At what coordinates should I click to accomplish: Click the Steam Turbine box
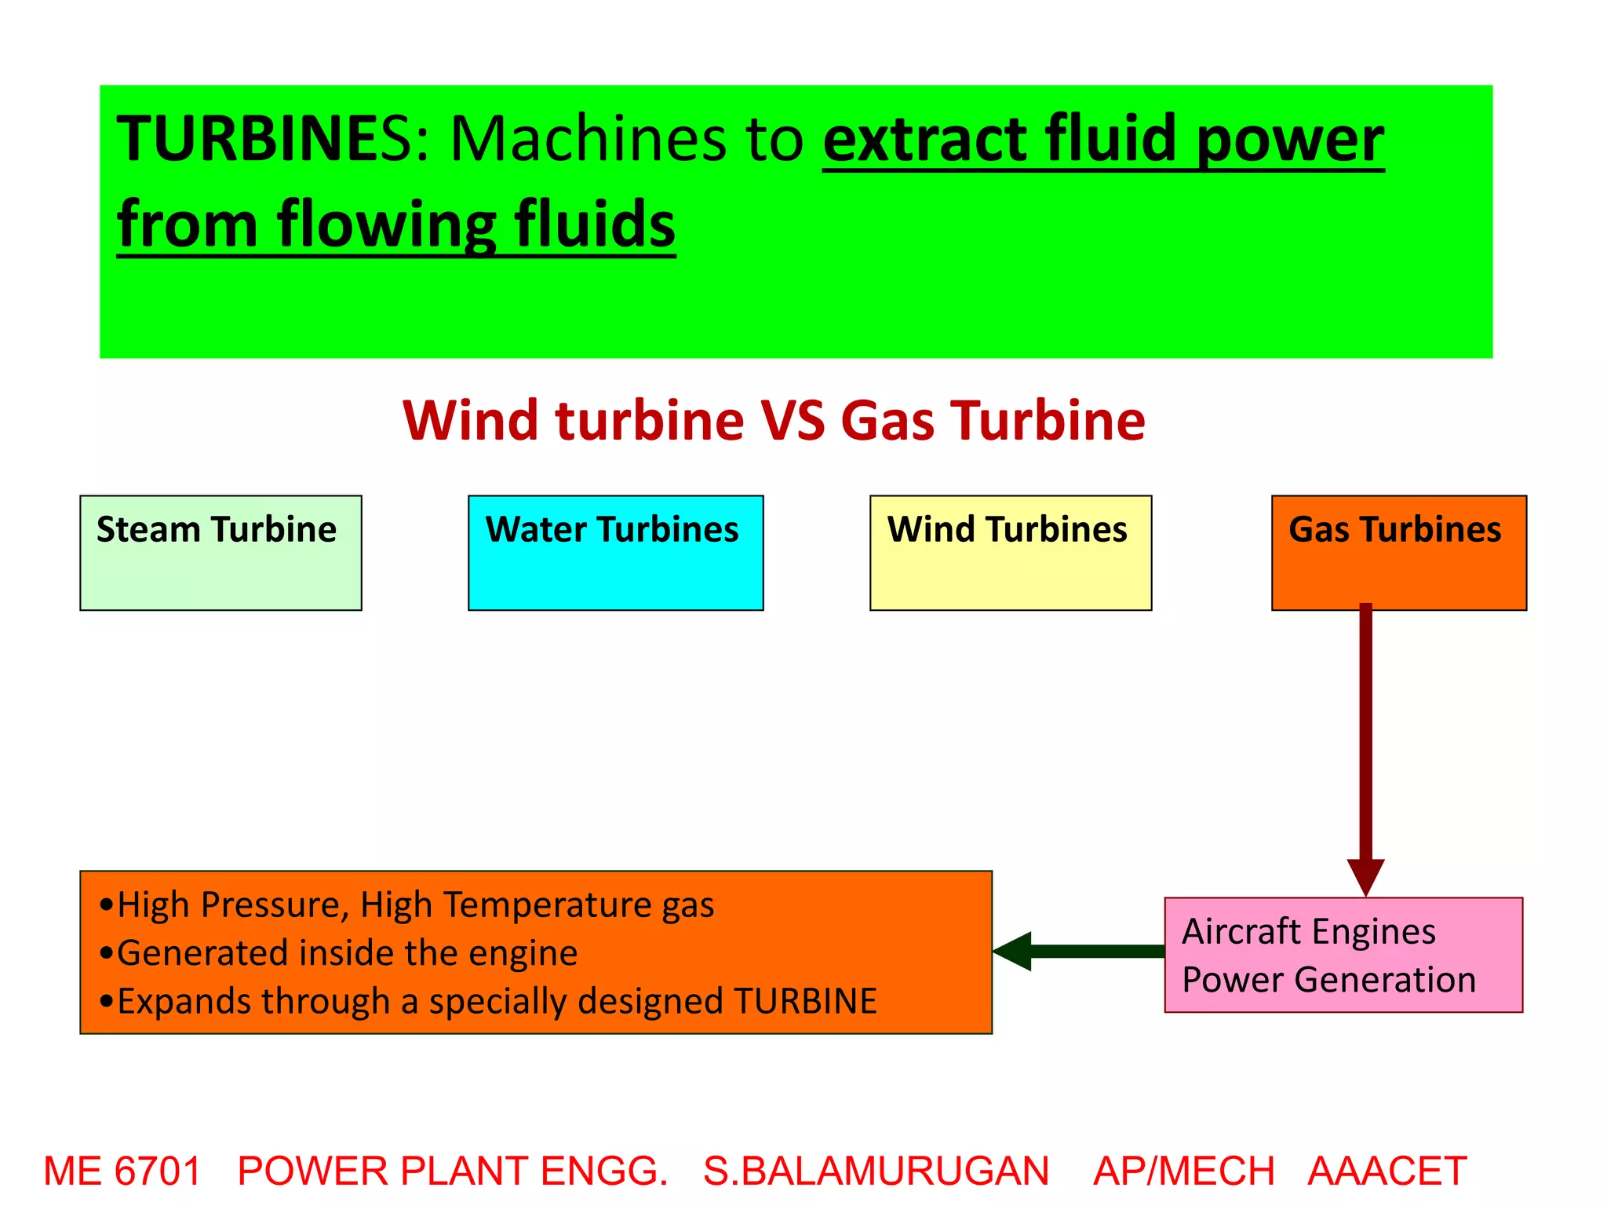click(x=220, y=553)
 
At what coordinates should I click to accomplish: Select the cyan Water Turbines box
click(x=615, y=553)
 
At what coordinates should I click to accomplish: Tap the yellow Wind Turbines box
click(x=1011, y=553)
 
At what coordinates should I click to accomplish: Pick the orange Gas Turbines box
click(x=1398, y=553)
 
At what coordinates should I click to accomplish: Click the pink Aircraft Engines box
click(x=1343, y=955)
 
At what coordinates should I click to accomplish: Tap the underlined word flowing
click(x=386, y=225)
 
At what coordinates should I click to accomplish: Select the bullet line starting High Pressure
click(x=408, y=904)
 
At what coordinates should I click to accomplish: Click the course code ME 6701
click(x=122, y=1171)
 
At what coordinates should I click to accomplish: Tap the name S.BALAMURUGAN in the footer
click(x=876, y=1171)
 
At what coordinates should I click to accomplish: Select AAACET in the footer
click(x=1387, y=1171)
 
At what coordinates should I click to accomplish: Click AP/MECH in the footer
click(x=1183, y=1171)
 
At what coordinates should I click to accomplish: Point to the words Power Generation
click(x=1328, y=980)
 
